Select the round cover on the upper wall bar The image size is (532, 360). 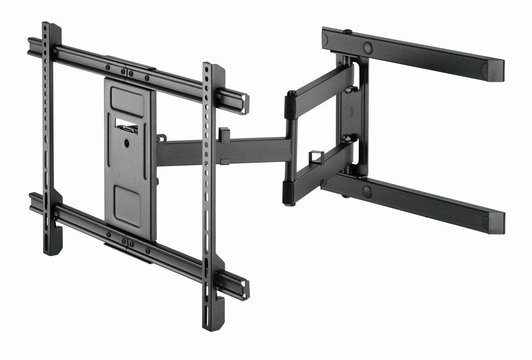pos(368,47)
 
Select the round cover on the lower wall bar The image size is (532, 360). pos(367,191)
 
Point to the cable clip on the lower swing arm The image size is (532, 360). pos(316,157)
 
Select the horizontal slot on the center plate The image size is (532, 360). pos(127,125)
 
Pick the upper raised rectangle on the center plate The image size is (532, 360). pos(127,101)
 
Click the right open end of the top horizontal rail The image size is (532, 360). pos(244,104)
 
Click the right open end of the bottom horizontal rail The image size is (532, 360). pos(244,290)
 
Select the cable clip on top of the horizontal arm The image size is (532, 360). pos(223,133)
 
